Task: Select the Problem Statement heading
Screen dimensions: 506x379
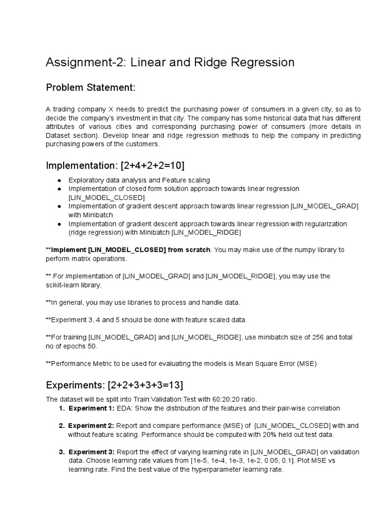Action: pyautogui.click(x=90, y=87)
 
